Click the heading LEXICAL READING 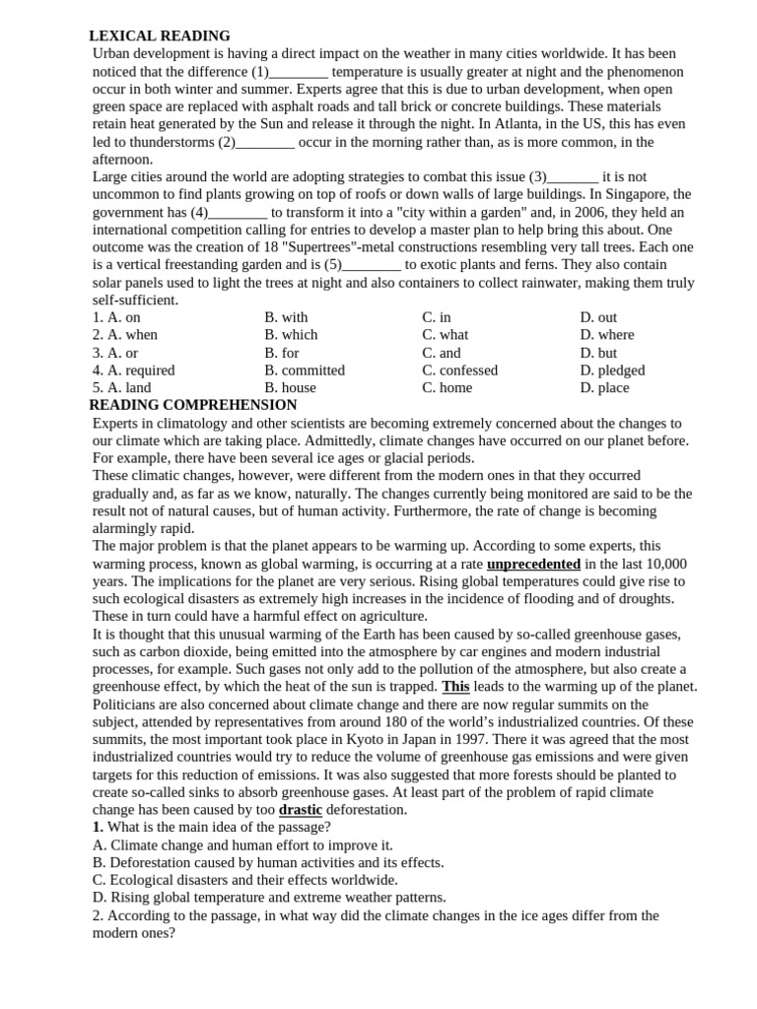click(160, 36)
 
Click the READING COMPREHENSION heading click(193, 405)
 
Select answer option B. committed click(305, 370)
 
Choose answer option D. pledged click(612, 370)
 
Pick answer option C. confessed click(459, 370)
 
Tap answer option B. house click(290, 388)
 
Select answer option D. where click(607, 335)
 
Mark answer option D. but click(598, 353)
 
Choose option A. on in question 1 click(116, 317)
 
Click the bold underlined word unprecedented click(533, 565)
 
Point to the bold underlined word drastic click(301, 810)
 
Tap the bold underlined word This click(455, 687)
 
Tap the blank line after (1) click(298, 72)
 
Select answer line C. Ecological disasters click(245, 880)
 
